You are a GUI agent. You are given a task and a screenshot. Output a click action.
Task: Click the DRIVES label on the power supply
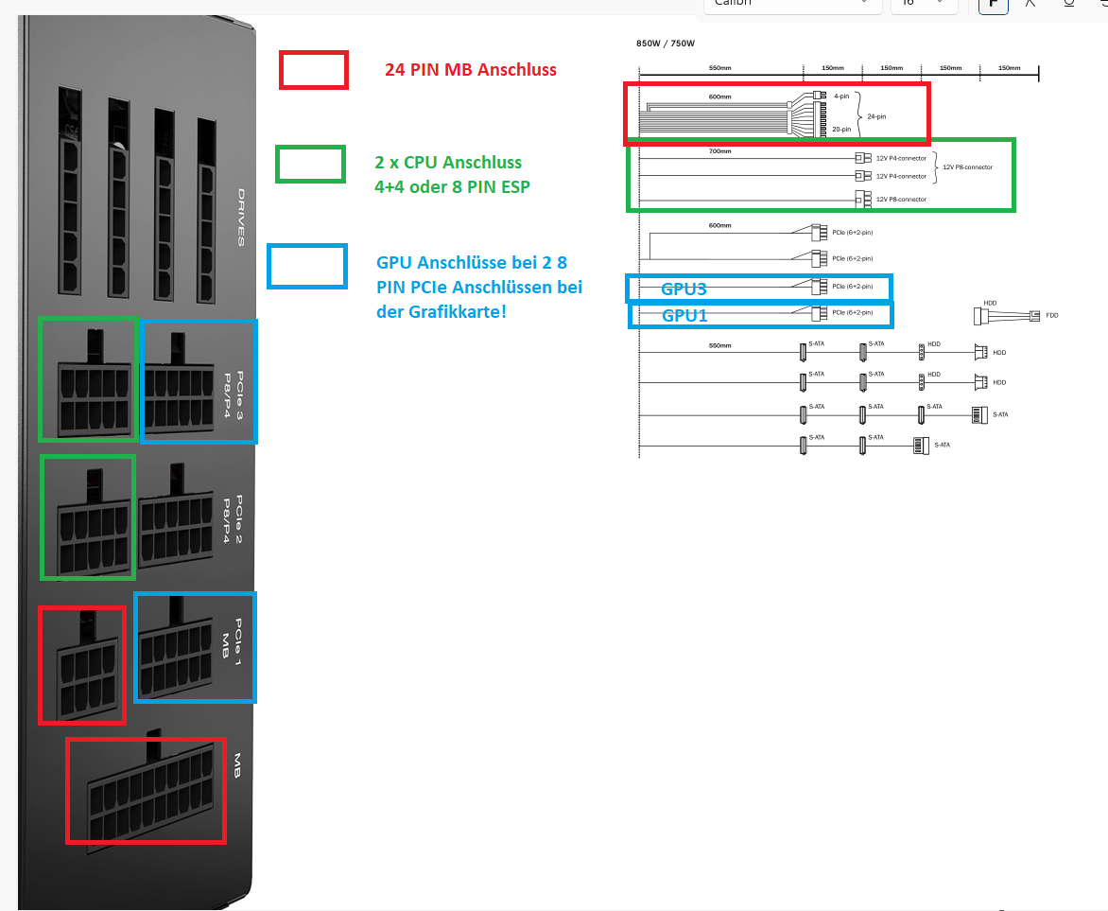241,217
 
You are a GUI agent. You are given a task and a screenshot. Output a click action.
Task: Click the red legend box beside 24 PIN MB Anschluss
314,69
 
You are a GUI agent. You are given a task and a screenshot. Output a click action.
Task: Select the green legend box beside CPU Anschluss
310,164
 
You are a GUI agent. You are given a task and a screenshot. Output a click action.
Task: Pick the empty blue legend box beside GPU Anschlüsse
307,266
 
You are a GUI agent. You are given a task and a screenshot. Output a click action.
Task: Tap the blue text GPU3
684,289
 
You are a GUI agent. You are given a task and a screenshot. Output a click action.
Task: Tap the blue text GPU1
684,315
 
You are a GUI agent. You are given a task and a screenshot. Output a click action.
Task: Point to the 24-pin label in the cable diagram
877,116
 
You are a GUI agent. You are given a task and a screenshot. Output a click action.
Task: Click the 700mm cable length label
720,151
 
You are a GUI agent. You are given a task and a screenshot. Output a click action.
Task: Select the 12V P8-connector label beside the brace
966,166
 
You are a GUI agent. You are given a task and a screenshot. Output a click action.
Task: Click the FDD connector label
1052,315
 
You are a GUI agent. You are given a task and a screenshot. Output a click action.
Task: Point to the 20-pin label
841,129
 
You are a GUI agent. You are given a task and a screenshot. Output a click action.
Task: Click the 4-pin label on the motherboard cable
840,96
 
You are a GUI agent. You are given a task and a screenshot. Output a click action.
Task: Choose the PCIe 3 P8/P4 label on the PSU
233,381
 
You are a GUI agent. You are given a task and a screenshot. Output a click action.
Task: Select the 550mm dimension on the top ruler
720,68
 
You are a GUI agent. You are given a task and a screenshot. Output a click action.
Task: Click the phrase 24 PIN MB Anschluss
470,69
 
